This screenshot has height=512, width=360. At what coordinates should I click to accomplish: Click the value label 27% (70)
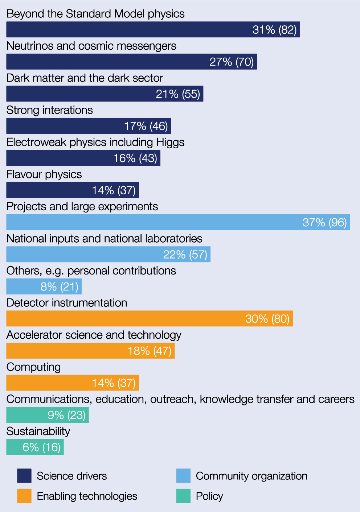click(232, 62)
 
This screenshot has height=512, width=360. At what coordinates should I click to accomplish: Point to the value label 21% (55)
click(178, 94)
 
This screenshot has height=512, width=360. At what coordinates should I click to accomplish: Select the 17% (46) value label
click(146, 126)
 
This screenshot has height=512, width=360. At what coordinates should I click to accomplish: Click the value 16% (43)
click(135, 158)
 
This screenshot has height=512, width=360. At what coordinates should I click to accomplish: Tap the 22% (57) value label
click(185, 255)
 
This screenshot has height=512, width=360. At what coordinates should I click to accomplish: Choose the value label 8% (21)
click(60, 287)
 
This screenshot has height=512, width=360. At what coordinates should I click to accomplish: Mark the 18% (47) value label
click(150, 351)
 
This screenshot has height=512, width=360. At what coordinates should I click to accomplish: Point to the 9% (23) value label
click(66, 415)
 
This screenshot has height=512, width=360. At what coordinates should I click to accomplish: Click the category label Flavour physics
click(44, 174)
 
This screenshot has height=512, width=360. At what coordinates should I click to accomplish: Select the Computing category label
click(33, 367)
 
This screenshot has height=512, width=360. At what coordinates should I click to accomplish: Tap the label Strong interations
click(50, 110)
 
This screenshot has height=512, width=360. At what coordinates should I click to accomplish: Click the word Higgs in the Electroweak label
click(170, 143)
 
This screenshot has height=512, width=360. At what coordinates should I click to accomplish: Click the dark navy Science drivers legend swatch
click(24, 476)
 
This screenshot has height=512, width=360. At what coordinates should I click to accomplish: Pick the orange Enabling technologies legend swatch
click(24, 496)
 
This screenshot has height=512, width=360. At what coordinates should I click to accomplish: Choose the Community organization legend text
click(251, 476)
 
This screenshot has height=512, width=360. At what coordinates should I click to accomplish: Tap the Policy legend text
click(209, 496)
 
